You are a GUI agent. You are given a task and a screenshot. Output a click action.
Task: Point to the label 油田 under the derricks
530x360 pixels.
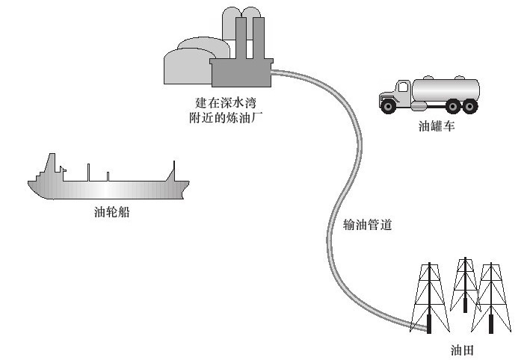pyautogui.click(x=459, y=349)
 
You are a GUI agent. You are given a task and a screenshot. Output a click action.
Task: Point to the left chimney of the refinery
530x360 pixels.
pyautogui.click(x=241, y=37)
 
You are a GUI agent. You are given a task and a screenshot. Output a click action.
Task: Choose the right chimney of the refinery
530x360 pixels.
pyautogui.click(x=259, y=37)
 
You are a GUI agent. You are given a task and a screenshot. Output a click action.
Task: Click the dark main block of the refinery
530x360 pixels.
pyautogui.click(x=239, y=75)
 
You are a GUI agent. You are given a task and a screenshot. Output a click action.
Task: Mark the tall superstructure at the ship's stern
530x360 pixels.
pyautogui.click(x=50, y=167)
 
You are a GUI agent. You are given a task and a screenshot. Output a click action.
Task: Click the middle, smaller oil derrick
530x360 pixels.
pyautogui.click(x=464, y=284)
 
